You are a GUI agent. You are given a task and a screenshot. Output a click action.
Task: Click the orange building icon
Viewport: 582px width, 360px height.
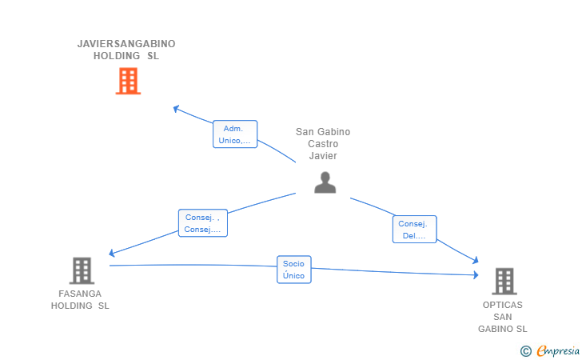[x=128, y=81]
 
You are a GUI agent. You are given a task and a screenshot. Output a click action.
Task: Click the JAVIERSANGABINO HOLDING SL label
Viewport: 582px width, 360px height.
[x=126, y=50]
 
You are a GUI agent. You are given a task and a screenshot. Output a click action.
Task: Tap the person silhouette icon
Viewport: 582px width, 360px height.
[x=325, y=182]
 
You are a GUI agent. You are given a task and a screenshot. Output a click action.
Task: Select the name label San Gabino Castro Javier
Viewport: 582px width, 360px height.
[x=323, y=144]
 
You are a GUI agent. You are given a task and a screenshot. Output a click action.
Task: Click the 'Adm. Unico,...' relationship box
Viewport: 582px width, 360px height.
[x=234, y=134]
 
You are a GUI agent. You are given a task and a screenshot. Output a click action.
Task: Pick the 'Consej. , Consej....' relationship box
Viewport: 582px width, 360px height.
[x=203, y=223]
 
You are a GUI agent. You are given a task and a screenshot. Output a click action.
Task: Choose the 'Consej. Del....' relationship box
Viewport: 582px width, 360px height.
[x=415, y=230]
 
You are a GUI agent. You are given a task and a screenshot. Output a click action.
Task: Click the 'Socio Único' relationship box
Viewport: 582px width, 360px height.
[x=293, y=270]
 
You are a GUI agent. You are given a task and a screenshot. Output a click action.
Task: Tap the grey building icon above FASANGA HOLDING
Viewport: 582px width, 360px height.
[x=82, y=270]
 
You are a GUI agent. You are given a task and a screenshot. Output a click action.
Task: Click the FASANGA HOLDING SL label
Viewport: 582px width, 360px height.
[x=80, y=299]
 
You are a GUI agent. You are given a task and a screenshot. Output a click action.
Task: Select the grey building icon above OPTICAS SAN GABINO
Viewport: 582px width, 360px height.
[x=504, y=281]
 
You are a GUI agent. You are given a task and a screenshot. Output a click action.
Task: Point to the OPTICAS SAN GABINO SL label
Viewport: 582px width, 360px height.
[x=503, y=317]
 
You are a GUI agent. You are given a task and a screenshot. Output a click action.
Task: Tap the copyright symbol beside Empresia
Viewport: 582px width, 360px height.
[x=525, y=350]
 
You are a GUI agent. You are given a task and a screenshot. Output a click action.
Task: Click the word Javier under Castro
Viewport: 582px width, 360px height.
[x=323, y=156]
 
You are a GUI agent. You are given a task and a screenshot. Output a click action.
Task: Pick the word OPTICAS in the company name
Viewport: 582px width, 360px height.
[x=503, y=305]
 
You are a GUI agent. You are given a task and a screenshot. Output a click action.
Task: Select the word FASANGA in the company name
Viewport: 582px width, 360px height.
[x=80, y=294]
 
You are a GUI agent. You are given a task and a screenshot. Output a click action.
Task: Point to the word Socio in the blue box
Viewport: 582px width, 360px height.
[x=293, y=263]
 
